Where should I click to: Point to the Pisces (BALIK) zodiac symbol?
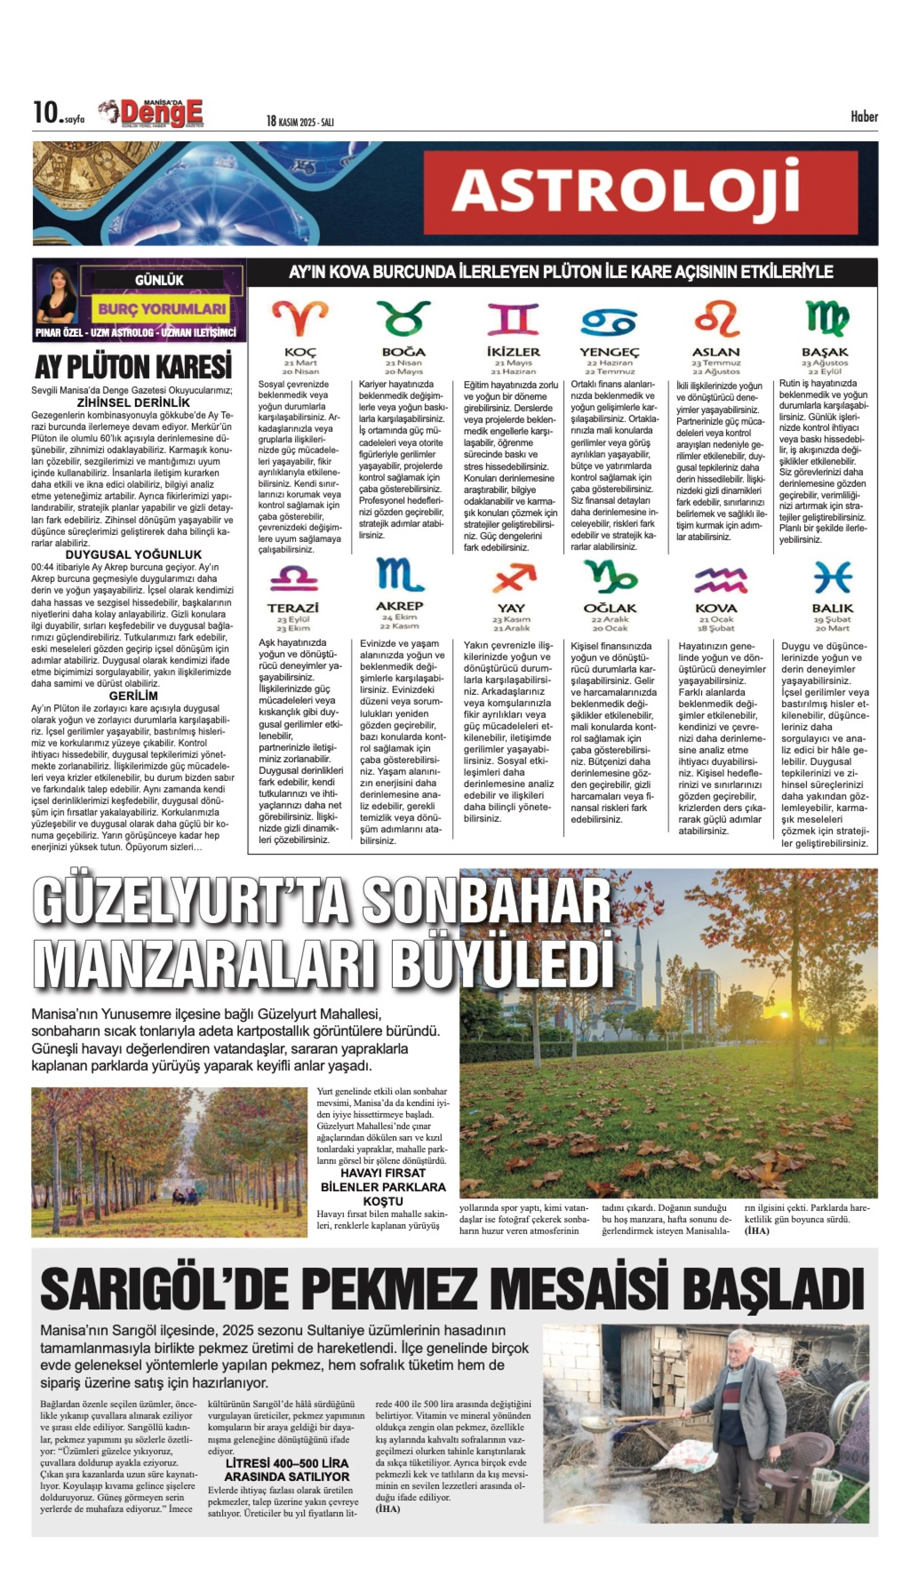click(832, 576)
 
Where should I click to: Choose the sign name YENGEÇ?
click(609, 352)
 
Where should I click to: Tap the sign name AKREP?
click(399, 605)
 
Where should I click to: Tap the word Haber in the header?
click(864, 117)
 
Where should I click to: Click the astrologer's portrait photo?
click(57, 295)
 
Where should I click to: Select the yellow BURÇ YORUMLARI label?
click(162, 309)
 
